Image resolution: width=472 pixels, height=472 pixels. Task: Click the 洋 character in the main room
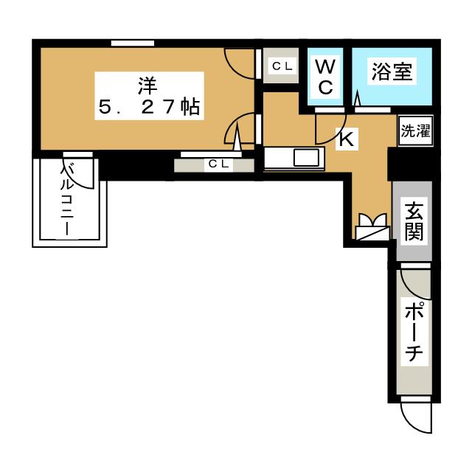[x=147, y=86]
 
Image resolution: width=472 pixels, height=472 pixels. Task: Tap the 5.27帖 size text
[x=149, y=107]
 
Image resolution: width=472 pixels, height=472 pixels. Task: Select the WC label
[x=326, y=77]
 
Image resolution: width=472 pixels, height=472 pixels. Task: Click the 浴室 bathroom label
[x=392, y=72]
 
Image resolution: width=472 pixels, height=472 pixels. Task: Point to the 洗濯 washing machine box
[x=415, y=131]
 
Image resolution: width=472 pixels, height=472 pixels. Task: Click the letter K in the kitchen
[x=346, y=139]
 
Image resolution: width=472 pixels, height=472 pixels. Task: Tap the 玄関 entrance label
[x=414, y=221]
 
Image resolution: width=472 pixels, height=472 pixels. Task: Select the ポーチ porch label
[x=414, y=333]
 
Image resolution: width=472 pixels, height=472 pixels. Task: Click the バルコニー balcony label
[x=67, y=198]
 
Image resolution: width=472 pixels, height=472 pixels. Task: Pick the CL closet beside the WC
[x=281, y=66]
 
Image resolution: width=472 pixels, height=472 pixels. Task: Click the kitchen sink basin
[x=306, y=157]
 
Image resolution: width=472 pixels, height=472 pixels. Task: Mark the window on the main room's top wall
[x=133, y=44]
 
